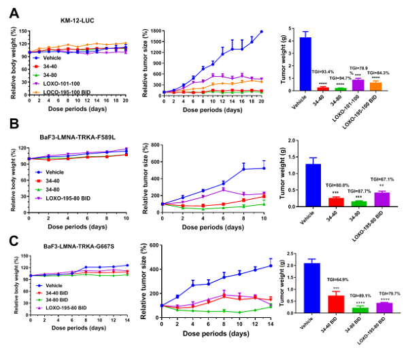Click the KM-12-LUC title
tap(67, 20)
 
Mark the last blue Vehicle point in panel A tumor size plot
tap(261, 31)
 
